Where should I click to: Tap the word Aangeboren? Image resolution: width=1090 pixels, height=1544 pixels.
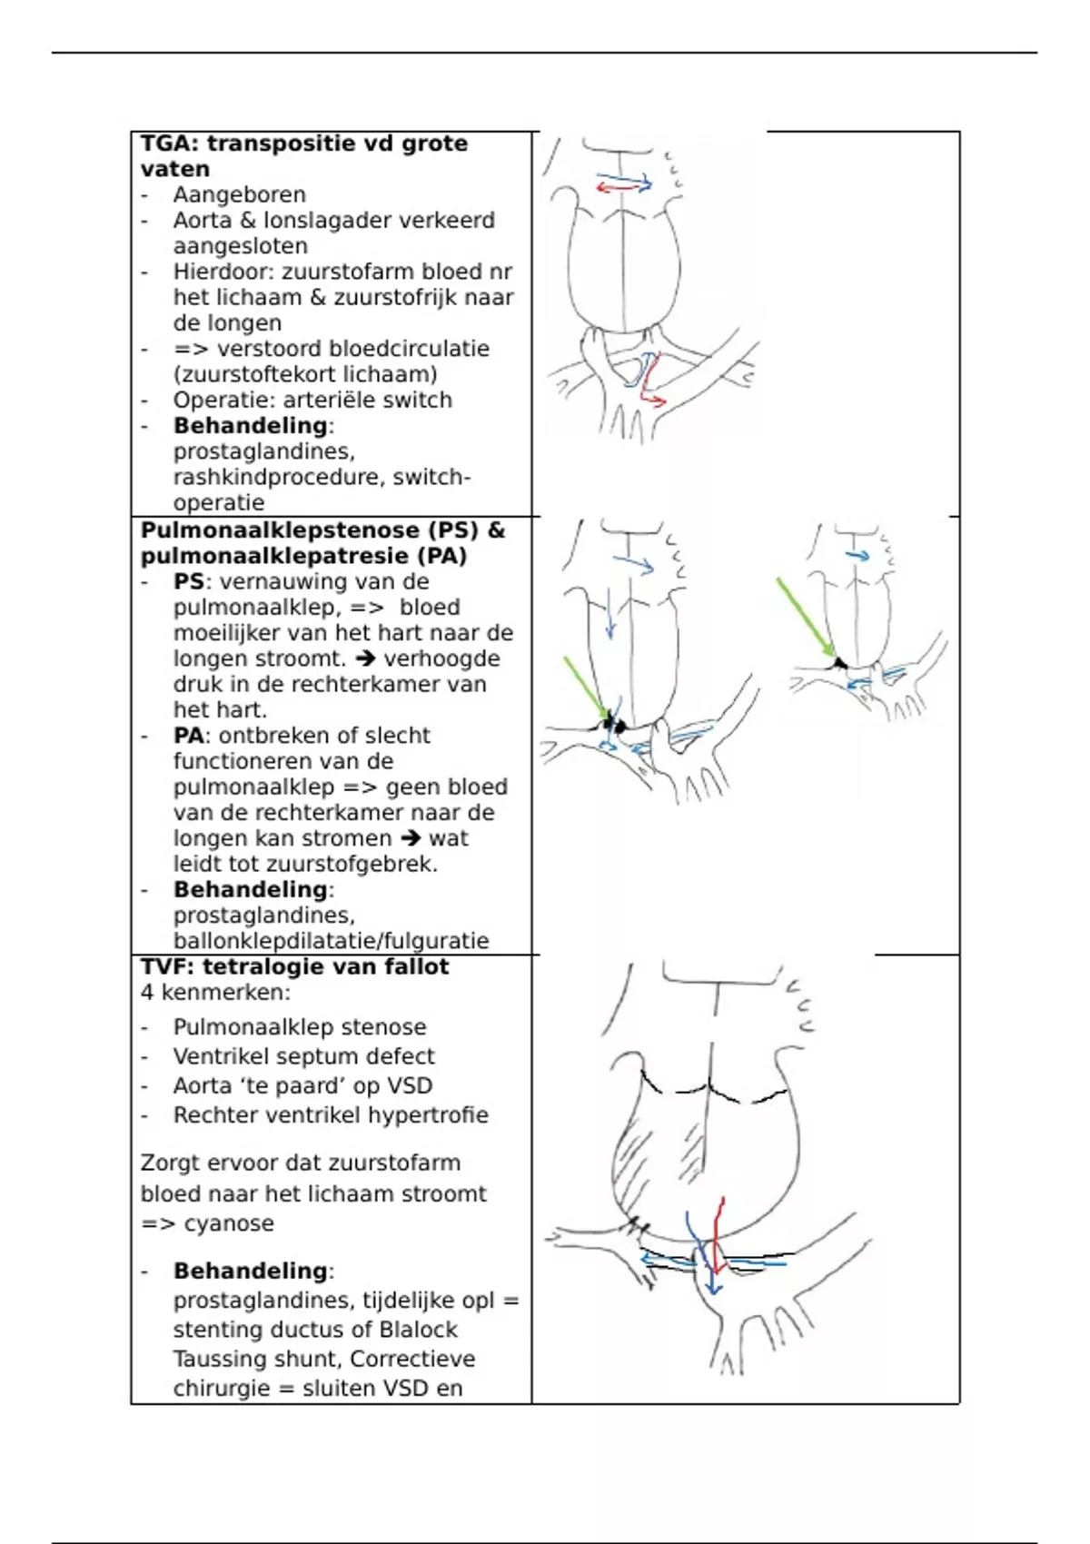pos(239,194)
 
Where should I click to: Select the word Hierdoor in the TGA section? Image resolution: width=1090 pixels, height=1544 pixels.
pos(223,272)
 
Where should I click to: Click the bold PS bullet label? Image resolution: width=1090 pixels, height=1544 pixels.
pos(188,581)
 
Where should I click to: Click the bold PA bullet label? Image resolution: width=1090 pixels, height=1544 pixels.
pos(188,736)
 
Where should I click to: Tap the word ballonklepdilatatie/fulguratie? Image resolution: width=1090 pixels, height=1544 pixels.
pos(331,941)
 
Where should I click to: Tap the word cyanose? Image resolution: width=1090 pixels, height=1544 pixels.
pos(229,1223)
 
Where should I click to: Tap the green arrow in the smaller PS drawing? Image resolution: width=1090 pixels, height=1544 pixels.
pos(805,616)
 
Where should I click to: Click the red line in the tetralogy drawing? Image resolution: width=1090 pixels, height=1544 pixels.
pos(718,1235)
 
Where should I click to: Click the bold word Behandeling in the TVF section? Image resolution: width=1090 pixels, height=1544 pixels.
pos(250,1271)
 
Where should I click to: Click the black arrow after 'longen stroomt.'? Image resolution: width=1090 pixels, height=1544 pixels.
pos(364,658)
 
